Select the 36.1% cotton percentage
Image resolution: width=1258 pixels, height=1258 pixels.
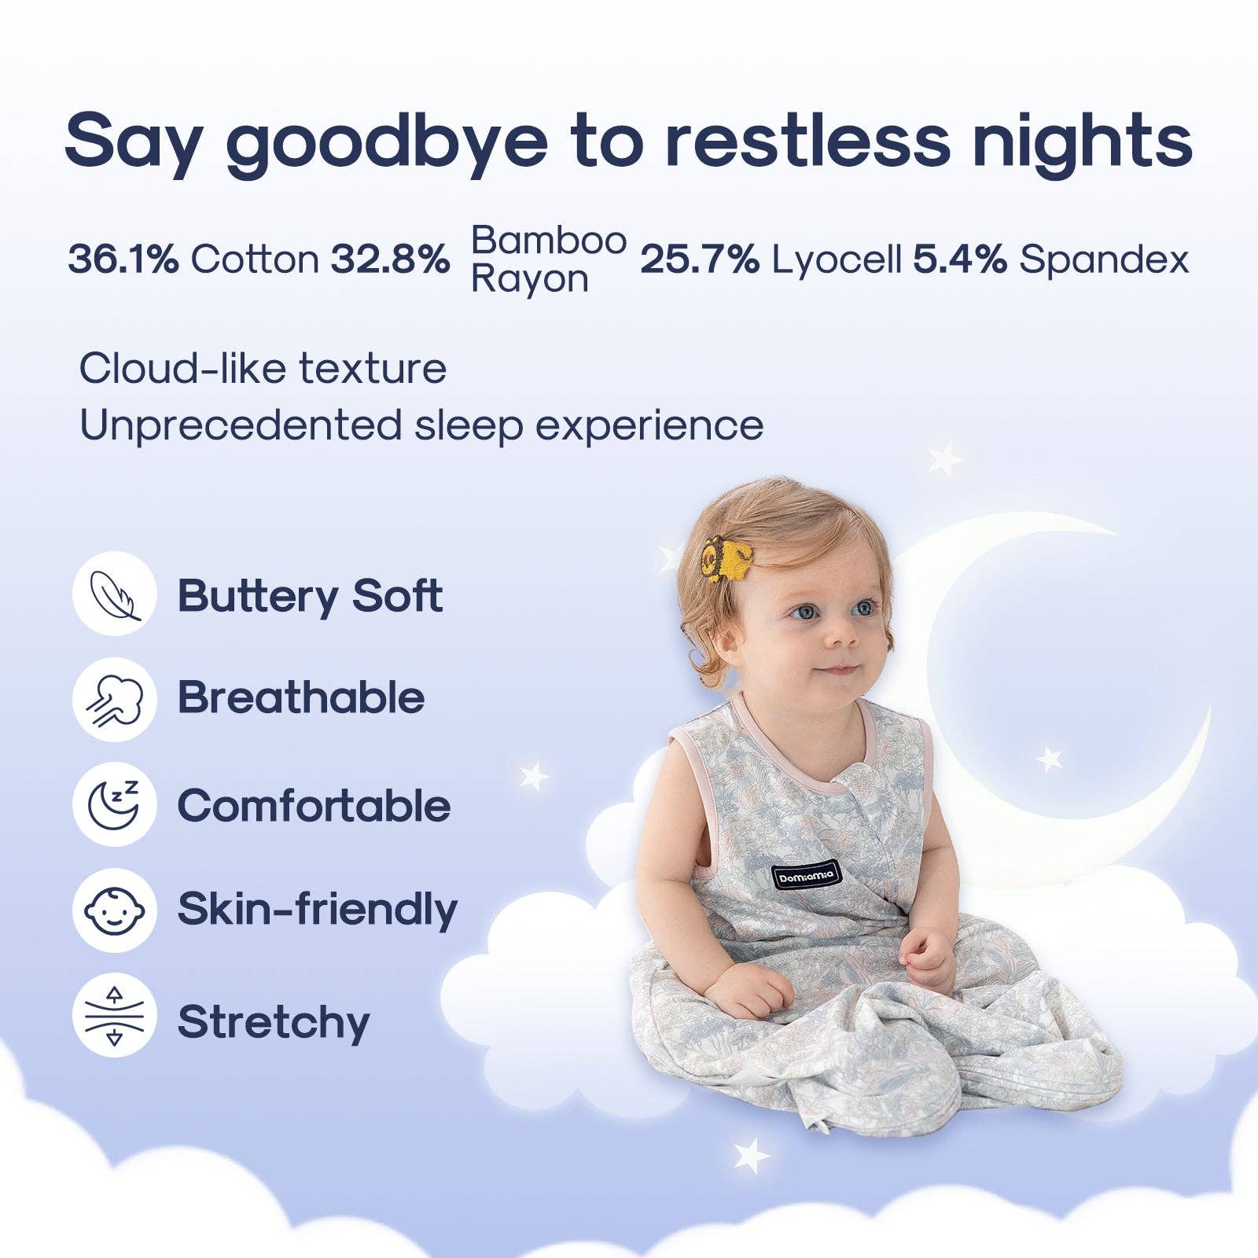click(123, 259)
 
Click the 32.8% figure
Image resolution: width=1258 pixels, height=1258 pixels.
click(390, 259)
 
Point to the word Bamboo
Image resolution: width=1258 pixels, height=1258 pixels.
click(549, 240)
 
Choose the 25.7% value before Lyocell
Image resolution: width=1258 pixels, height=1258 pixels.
click(700, 259)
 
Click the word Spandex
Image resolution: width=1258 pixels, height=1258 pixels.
click(1104, 259)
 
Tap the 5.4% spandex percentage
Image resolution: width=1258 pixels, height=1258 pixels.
click(959, 259)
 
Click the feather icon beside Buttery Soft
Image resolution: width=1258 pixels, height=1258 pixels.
click(115, 594)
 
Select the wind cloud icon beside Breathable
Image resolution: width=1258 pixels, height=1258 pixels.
click(115, 700)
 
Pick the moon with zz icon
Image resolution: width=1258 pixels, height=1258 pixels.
click(115, 804)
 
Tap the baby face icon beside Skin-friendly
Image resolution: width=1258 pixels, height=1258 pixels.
click(115, 910)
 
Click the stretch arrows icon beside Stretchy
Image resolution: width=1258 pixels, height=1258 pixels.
click(115, 1015)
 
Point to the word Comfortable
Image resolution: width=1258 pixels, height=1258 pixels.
click(314, 806)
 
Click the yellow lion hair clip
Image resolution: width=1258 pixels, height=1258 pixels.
click(727, 557)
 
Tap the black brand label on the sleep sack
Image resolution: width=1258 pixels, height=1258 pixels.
click(806, 874)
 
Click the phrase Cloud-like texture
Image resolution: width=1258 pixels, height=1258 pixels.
click(263, 368)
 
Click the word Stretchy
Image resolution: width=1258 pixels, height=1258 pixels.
click(274, 1022)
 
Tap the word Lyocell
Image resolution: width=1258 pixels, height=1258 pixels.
click(837, 259)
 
